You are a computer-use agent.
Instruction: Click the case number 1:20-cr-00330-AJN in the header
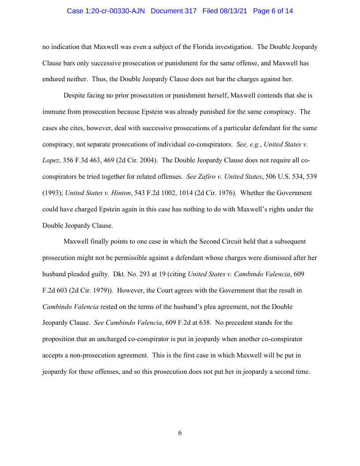(107, 11)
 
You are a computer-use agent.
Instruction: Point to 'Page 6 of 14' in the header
(273, 11)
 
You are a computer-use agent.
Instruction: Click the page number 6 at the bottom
(180, 433)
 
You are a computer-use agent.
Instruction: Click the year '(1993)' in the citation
(52, 193)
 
